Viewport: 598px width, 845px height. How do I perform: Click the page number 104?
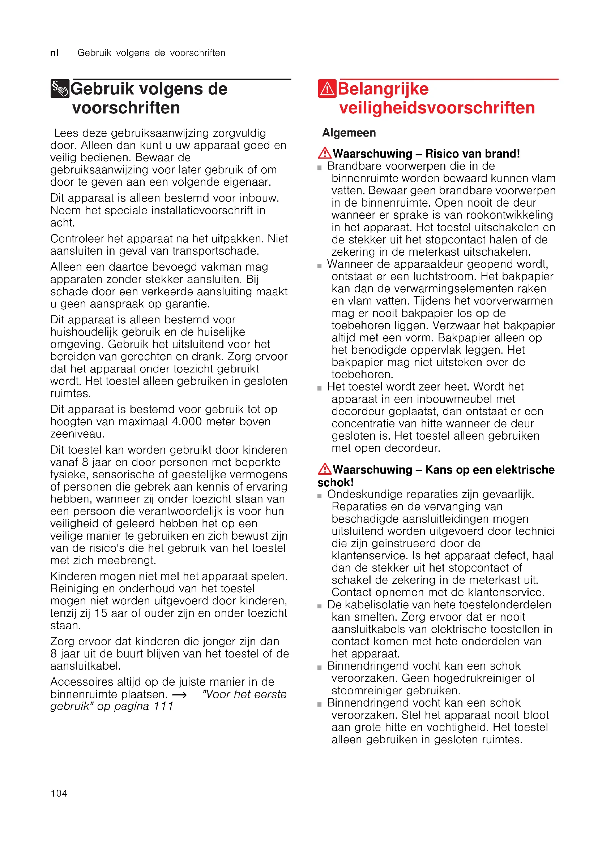59,793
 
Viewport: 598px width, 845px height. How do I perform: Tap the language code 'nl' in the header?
54,53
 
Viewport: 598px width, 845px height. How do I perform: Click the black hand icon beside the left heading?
60,89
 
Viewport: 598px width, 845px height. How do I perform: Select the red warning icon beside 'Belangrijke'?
326,89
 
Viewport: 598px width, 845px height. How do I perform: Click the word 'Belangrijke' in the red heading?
383,89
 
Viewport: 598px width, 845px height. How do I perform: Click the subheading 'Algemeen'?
349,133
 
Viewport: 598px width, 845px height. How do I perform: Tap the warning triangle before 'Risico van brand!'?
325,153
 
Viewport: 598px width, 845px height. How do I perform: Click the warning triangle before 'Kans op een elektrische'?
325,469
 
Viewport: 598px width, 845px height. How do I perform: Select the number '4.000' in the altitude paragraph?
187,421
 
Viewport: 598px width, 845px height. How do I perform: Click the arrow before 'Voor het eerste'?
179,694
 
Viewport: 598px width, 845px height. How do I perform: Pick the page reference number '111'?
163,706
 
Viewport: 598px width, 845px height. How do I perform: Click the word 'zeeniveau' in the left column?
77,434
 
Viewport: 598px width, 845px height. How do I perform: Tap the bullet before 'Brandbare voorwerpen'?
320,168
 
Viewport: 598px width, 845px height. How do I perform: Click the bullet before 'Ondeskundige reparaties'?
320,496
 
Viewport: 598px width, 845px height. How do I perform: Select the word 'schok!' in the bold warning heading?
336,483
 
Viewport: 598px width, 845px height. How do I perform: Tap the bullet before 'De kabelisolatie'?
320,606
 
